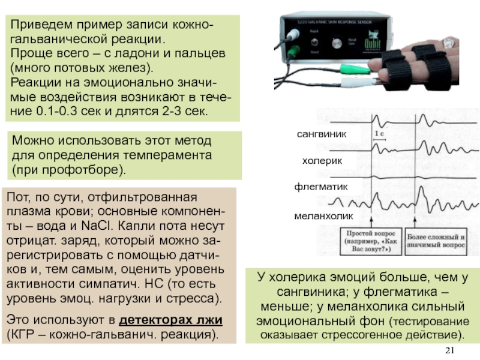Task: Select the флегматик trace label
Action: pyautogui.click(x=321, y=187)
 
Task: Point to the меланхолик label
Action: pyautogui.click(x=323, y=215)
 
